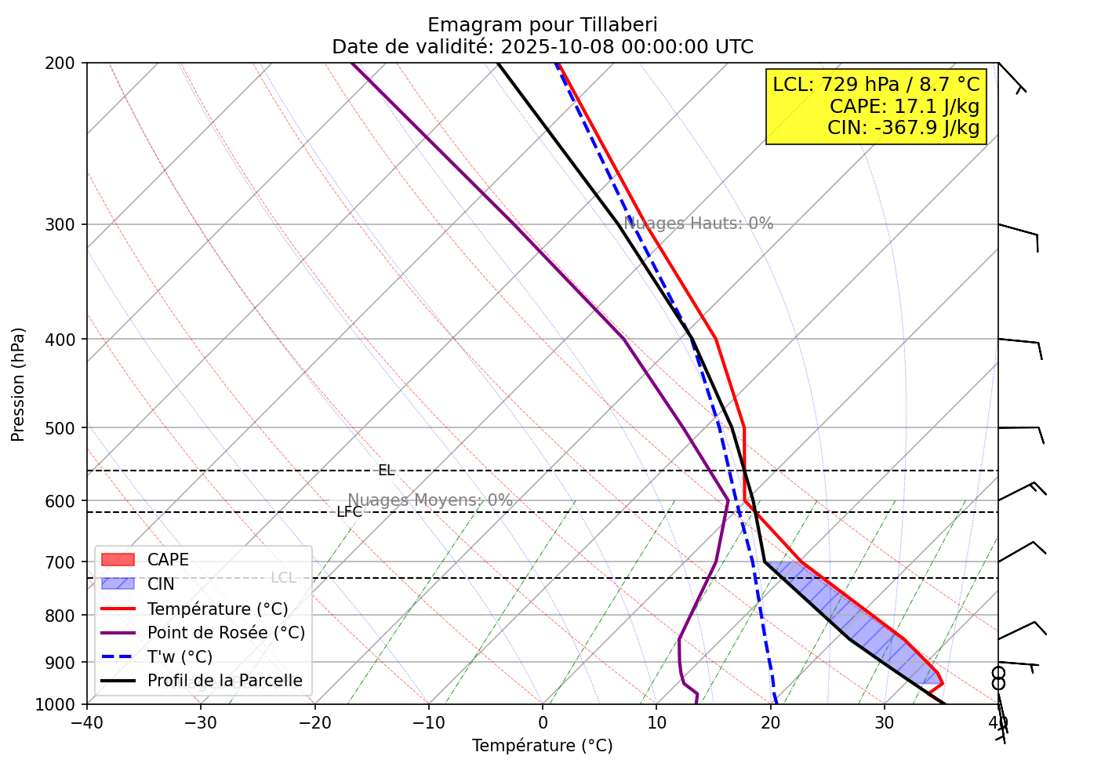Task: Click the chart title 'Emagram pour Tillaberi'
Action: pos(542,24)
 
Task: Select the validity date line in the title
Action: pos(542,47)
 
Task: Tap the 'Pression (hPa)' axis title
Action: pos(18,383)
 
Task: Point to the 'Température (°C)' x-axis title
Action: pos(542,746)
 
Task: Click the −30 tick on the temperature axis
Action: pos(200,722)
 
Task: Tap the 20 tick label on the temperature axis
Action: pos(770,722)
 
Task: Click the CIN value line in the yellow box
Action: pos(903,127)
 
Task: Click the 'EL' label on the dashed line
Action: pos(386,471)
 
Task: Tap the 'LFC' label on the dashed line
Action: pos(349,512)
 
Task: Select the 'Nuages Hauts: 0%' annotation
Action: pos(699,224)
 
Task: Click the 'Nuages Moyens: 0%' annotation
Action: pos(430,500)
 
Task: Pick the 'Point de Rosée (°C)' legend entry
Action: pos(226,633)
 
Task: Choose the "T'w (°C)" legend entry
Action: pos(180,657)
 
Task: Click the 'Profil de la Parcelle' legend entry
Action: pos(224,681)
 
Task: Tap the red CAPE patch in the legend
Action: pos(118,560)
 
